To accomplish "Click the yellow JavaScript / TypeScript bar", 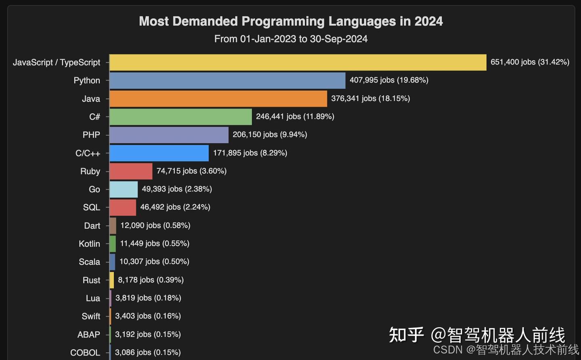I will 298,63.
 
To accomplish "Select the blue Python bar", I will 227,80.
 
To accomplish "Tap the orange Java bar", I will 218,98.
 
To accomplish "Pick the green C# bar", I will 180,117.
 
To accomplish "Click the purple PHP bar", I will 169,135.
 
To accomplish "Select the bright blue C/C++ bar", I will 159,153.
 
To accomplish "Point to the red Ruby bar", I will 131,171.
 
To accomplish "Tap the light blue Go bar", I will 123,189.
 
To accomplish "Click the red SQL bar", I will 123,207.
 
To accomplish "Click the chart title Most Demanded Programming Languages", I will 290,21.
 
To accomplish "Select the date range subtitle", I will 290,39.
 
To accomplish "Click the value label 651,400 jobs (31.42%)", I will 529,62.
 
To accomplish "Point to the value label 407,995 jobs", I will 389,80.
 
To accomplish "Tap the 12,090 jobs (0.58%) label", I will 155,226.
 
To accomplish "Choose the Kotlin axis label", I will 89,244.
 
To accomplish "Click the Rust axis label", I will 91,280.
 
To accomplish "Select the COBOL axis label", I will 85,352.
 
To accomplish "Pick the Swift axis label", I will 91,316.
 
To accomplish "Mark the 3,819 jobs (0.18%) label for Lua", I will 148,298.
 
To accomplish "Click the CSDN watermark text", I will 506,350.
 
